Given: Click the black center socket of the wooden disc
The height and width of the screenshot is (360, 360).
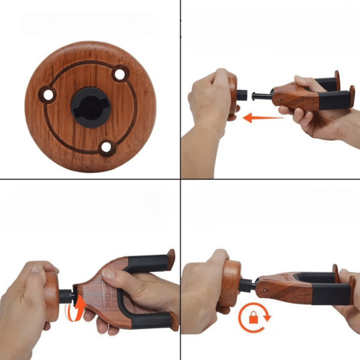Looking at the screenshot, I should click(x=91, y=107).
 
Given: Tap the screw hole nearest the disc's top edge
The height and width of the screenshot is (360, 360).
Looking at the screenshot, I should click(x=120, y=75).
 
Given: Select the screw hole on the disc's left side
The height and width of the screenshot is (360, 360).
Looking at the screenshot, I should click(x=49, y=95).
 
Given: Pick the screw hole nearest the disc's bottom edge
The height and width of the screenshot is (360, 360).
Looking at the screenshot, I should click(x=106, y=148).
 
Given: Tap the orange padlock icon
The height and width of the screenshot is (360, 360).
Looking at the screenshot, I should click(x=253, y=319).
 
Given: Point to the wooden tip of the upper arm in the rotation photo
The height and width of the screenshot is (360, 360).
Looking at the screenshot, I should click(x=171, y=256).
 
